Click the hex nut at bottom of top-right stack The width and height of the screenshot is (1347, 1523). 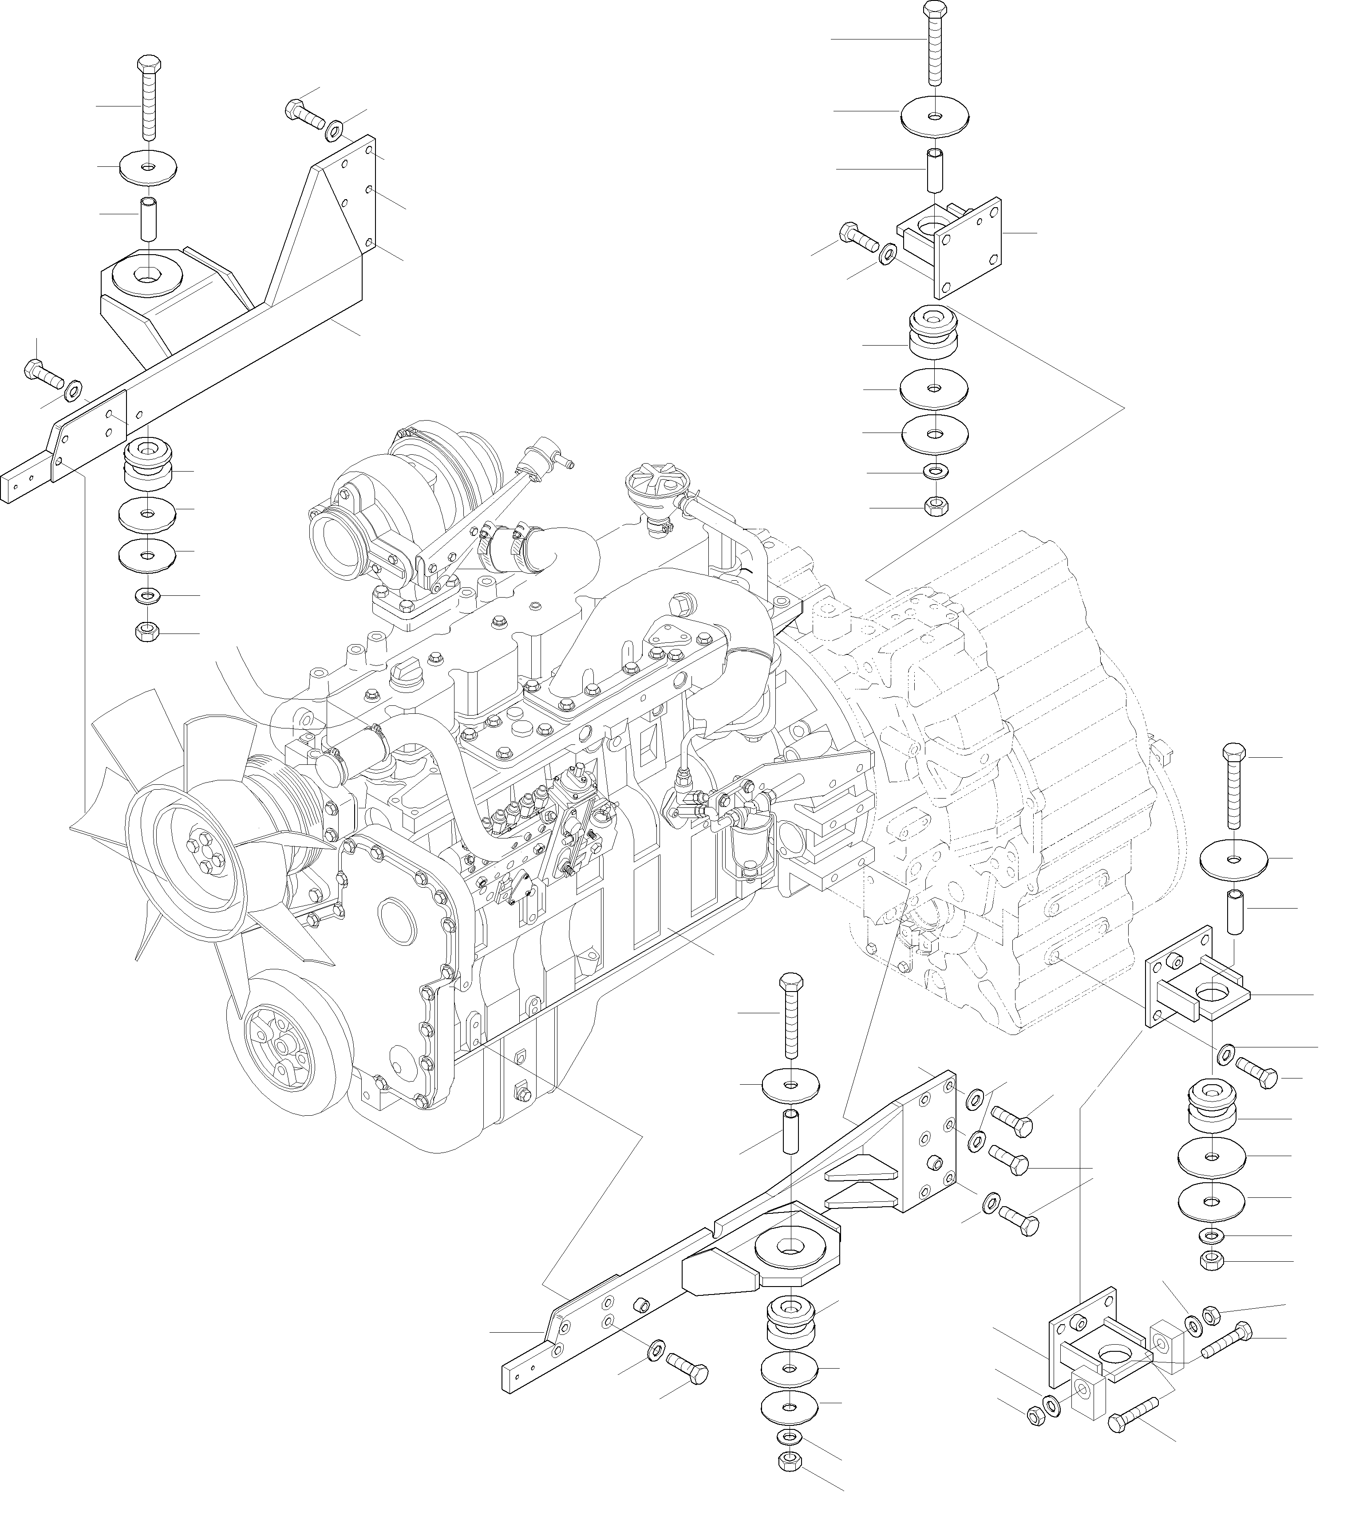click(935, 507)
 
